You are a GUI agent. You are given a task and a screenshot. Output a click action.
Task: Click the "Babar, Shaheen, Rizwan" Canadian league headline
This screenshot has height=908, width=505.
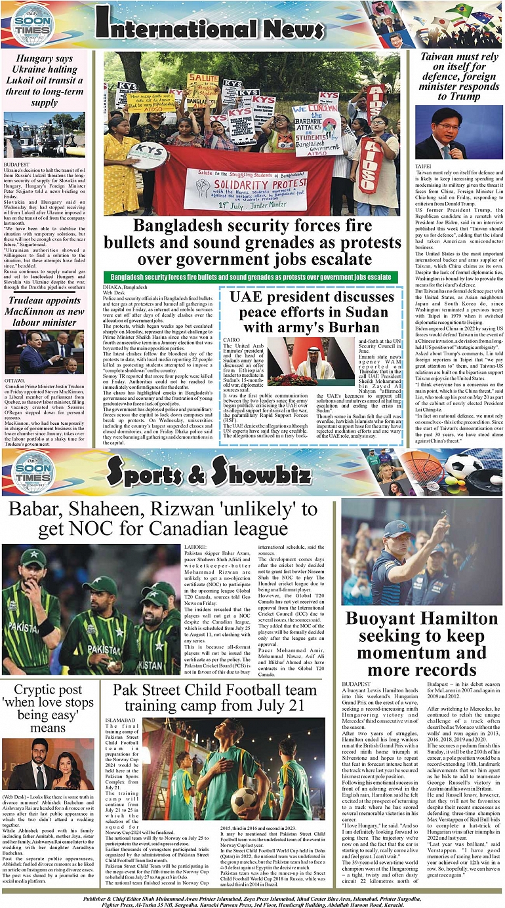point(162,519)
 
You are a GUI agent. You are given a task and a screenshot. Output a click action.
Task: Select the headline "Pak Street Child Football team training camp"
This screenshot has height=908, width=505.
point(215,697)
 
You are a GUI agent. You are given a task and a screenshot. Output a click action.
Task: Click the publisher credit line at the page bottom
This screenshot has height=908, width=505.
point(253,896)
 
